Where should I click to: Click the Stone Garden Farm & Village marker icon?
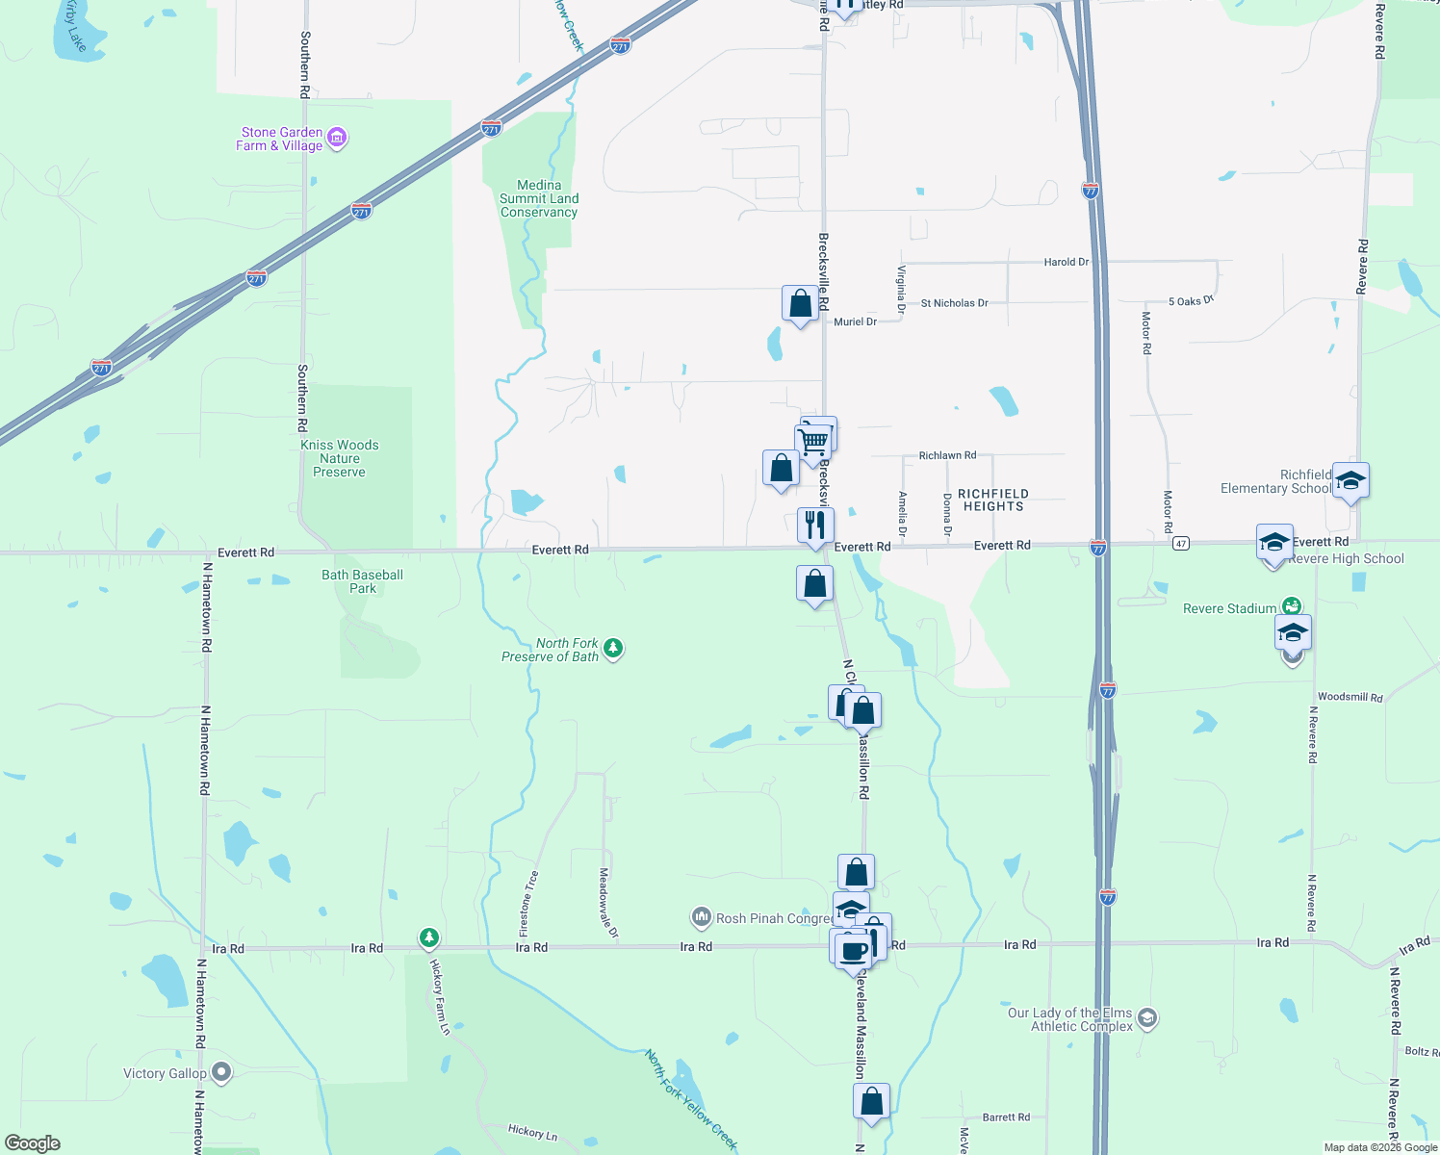(337, 139)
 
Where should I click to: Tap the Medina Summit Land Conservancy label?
(539, 199)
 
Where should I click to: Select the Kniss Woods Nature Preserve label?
(339, 458)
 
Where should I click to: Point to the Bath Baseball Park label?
(362, 581)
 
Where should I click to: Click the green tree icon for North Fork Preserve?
(613, 650)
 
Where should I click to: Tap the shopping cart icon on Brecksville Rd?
(813, 442)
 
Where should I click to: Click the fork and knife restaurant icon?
(815, 526)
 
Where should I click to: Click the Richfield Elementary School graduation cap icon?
(1350, 481)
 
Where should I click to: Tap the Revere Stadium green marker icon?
(1292, 606)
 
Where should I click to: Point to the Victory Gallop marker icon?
(221, 1072)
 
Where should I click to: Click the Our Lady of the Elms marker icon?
(1146, 1018)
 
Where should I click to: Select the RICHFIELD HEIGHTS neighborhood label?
(993, 500)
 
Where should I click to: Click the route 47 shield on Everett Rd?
(1181, 544)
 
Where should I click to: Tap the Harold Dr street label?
(1067, 262)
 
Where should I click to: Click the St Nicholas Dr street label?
(954, 303)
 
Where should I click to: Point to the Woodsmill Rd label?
(1350, 697)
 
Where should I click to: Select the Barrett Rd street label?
(1006, 1117)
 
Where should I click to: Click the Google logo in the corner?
(33, 1142)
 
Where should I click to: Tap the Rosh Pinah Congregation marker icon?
(702, 917)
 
